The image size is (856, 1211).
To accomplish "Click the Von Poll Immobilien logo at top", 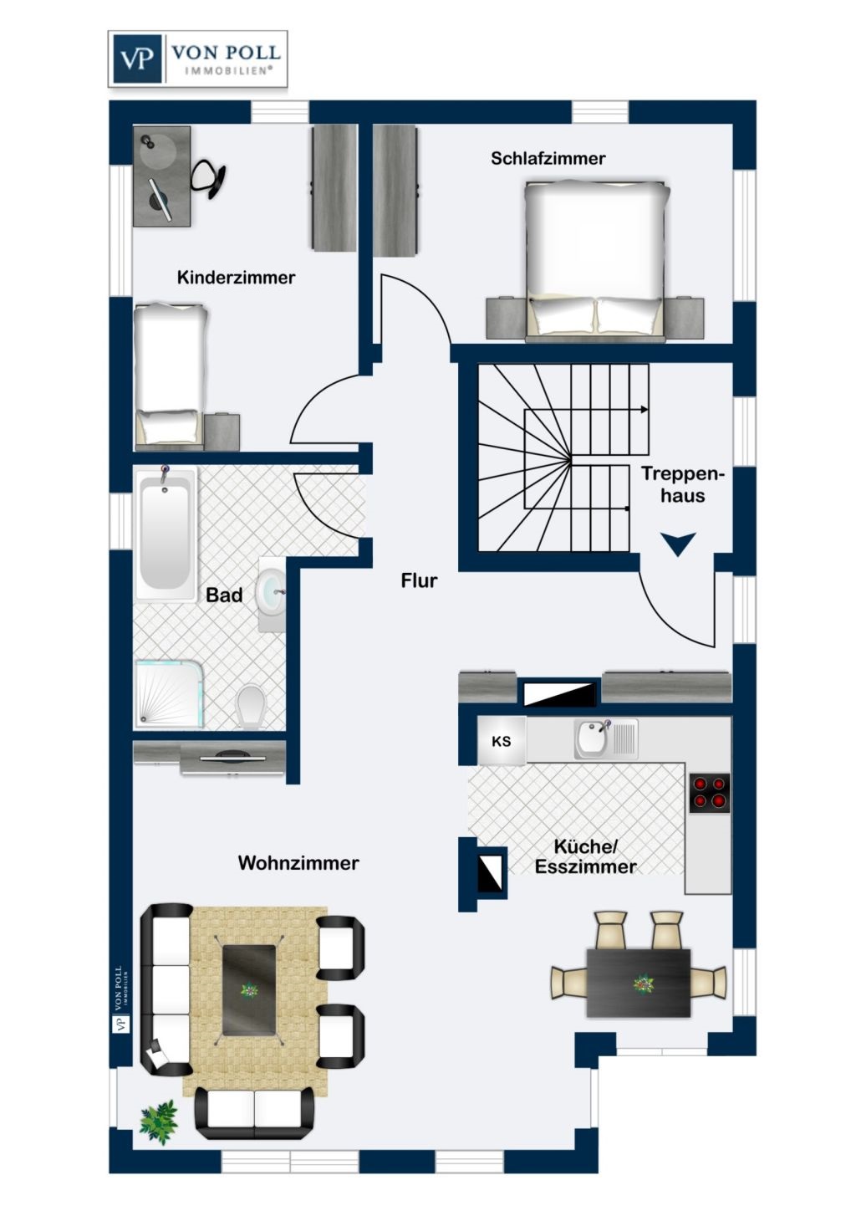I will (198, 59).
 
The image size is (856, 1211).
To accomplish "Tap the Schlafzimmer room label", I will (548, 158).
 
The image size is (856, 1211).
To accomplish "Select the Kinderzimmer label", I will (236, 278).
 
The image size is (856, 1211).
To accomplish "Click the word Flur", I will (419, 580).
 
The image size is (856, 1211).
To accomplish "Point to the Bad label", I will (224, 595).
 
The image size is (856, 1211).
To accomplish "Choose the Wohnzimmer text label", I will (298, 863).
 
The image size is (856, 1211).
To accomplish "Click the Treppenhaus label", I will (683, 485).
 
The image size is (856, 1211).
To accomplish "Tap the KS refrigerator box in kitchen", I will (502, 741).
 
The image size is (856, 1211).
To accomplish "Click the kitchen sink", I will (594, 738).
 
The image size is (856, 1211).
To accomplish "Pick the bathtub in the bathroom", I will (165, 534).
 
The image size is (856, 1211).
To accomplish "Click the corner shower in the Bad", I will (168, 692).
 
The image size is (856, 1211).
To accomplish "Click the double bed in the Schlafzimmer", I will (595, 259).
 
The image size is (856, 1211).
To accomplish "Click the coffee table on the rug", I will (249, 990).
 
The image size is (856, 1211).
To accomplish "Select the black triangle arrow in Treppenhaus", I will (678, 544).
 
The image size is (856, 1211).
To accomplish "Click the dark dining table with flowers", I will (639, 983).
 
